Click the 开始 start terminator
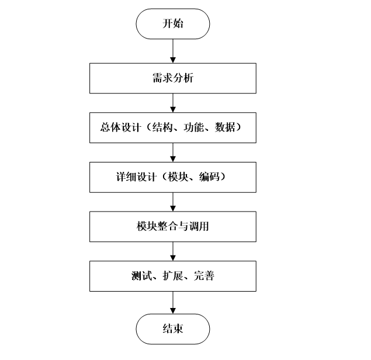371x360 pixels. [x=173, y=24]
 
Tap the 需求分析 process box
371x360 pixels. [x=173, y=78]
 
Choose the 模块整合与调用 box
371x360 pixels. [x=173, y=226]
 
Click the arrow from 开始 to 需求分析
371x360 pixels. [x=173, y=51]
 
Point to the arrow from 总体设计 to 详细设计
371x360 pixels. [x=173, y=152]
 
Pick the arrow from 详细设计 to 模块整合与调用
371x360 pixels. [x=173, y=202]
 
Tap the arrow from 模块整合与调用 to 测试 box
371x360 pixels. [x=173, y=251]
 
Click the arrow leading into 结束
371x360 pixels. [x=173, y=302]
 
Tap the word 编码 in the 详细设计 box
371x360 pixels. [x=205, y=176]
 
